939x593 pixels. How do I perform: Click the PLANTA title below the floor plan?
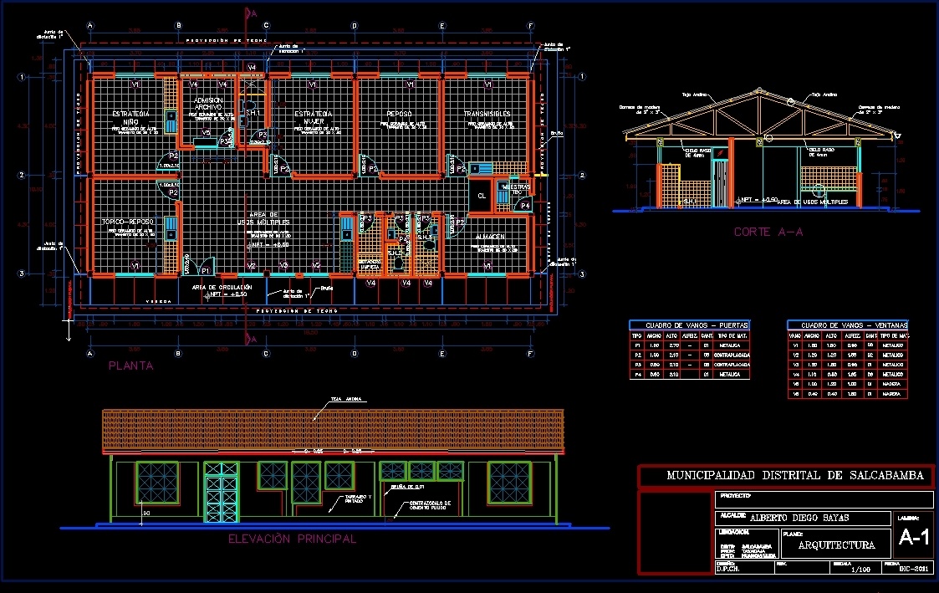click(131, 366)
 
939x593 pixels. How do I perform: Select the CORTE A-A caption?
click(768, 232)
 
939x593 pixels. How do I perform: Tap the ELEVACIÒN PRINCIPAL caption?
click(292, 539)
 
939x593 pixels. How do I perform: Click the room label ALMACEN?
click(489, 238)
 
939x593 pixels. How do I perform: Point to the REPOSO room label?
click(398, 114)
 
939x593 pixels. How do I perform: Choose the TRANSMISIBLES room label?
click(487, 114)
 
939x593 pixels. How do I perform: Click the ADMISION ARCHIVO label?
click(207, 104)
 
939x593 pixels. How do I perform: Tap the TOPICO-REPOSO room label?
click(127, 222)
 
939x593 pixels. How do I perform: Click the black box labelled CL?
click(482, 196)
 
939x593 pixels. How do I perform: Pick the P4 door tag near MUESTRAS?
click(524, 205)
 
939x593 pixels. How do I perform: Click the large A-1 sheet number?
click(914, 539)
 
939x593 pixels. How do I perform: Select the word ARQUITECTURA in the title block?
click(837, 545)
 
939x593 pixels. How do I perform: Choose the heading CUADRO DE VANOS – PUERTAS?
click(689, 325)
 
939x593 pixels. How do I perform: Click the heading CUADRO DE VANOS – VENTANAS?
click(848, 325)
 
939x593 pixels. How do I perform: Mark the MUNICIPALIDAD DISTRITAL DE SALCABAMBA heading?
click(795, 476)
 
